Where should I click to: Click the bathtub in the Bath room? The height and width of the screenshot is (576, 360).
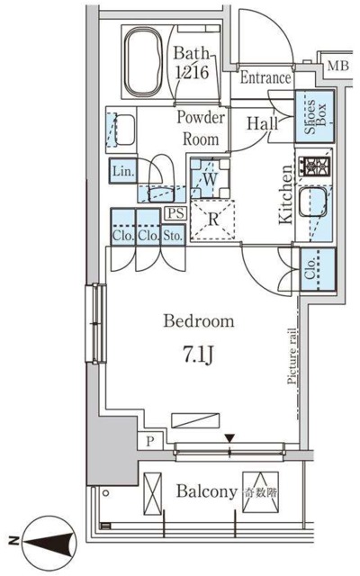(x=143, y=61)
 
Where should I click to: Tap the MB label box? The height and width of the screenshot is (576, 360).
(x=338, y=66)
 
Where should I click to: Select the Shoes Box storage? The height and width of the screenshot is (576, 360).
(x=314, y=116)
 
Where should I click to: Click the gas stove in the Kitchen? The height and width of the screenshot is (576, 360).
(x=314, y=166)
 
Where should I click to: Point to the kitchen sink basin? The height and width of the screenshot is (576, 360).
(x=312, y=202)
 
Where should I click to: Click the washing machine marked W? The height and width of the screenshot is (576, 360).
(x=210, y=178)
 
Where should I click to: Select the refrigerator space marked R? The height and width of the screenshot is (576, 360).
(x=212, y=220)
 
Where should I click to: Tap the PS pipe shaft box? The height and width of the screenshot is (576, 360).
(x=176, y=213)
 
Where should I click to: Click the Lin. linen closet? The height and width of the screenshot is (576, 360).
(x=122, y=171)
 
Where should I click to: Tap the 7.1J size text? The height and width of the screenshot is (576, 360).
(x=198, y=355)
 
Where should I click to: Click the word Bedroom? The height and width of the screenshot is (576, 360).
(x=198, y=320)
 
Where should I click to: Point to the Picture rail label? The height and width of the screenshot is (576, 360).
(x=292, y=355)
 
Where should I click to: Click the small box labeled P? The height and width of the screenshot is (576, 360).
(x=150, y=441)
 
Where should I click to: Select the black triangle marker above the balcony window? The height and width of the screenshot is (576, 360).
(x=230, y=438)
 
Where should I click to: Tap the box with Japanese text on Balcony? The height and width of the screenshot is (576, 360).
(x=260, y=492)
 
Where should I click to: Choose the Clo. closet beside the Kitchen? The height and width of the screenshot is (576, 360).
(x=318, y=270)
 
